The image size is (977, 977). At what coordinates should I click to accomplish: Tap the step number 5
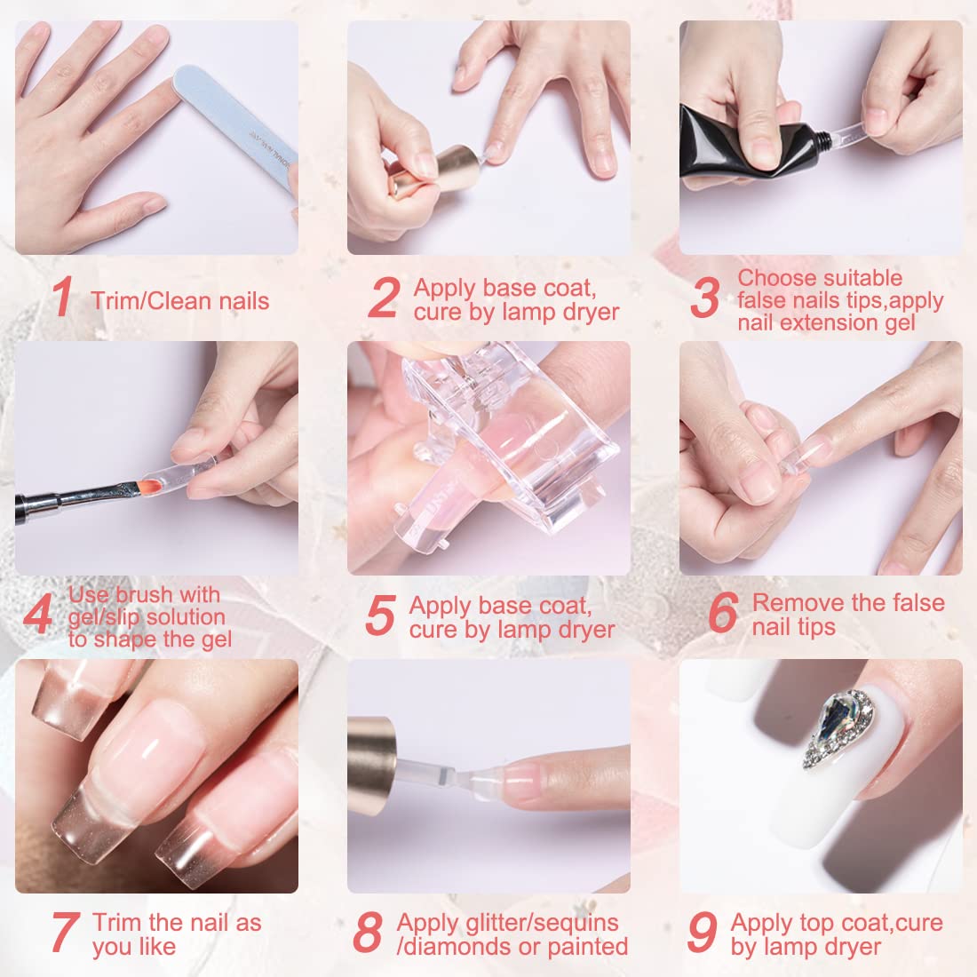pos(379,617)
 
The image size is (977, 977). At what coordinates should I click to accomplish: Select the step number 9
pos(702,932)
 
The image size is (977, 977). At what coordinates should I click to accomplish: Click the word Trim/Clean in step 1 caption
pos(147,301)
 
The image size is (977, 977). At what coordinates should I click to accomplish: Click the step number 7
pos(63,933)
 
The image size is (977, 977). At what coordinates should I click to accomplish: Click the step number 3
pos(703,299)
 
